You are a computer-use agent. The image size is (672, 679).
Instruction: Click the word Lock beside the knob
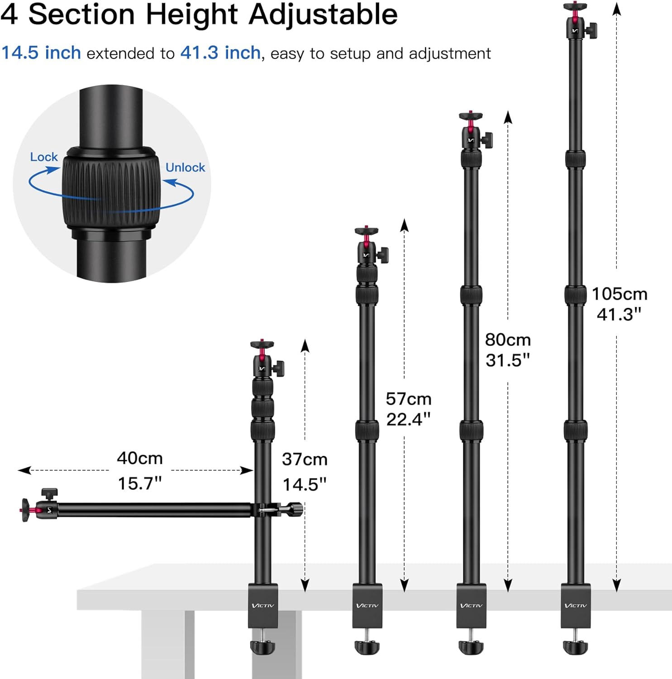click(x=44, y=157)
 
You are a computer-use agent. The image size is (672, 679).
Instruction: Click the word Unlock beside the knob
click(x=185, y=167)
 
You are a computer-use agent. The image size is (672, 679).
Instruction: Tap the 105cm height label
click(x=620, y=294)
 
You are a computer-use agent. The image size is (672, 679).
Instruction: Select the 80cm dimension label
click(x=508, y=339)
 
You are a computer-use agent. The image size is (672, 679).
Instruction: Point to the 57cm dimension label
click(x=409, y=399)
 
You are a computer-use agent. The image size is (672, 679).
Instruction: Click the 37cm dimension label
click(x=305, y=459)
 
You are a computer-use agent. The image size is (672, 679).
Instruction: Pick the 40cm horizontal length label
click(x=140, y=458)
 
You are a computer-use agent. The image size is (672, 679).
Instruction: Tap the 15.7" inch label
click(x=140, y=483)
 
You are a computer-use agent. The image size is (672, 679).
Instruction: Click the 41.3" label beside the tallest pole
click(x=619, y=314)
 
